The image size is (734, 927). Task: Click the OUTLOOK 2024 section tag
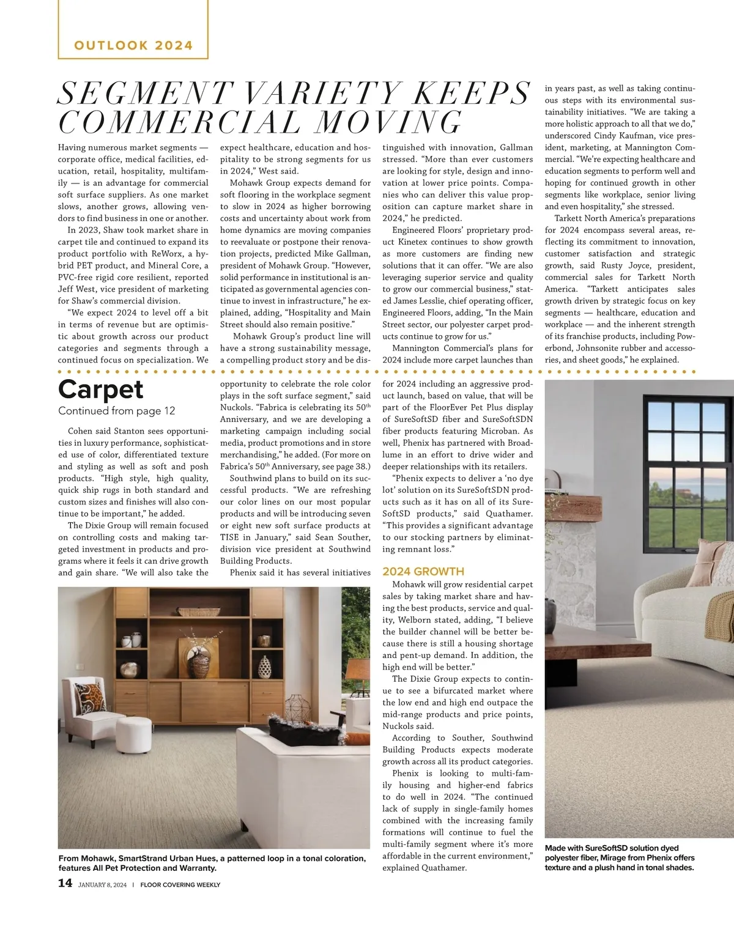point(133,45)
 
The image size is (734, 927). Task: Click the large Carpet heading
point(101,390)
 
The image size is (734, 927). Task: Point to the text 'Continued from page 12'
point(117,411)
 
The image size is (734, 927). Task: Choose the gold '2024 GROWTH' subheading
point(423,572)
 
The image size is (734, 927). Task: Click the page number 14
point(65,883)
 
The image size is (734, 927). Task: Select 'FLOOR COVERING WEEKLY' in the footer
point(180,885)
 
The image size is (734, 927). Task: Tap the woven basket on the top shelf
point(199,611)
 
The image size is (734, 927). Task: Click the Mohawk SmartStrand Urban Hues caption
point(212,863)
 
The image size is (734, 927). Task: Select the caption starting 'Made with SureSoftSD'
point(619,857)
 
